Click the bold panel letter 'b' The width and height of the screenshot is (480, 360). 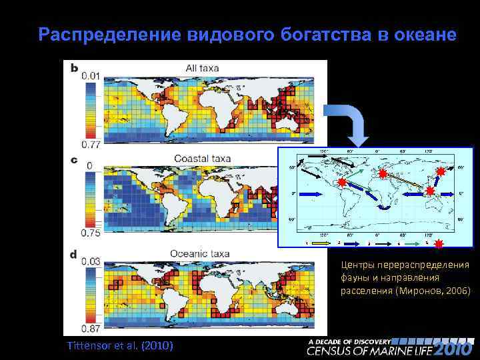[73, 67]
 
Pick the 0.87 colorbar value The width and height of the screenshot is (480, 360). [91, 327]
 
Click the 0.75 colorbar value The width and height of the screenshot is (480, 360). [91, 233]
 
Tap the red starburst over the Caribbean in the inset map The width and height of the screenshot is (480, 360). [341, 182]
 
